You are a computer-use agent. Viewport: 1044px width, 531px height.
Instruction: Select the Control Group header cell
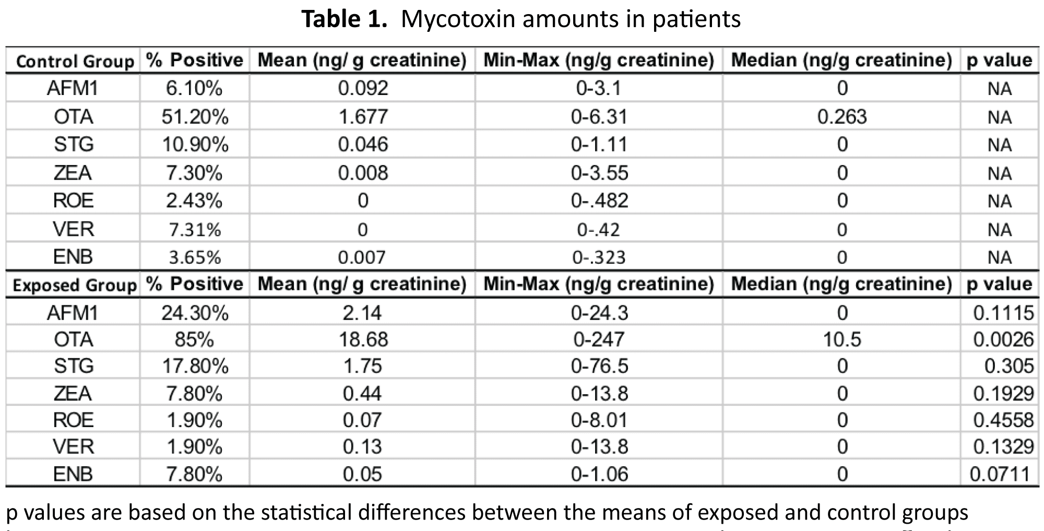point(75,62)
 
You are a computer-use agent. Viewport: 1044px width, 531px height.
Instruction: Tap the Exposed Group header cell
point(74,285)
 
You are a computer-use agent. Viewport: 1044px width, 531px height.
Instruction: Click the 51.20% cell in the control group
point(195,117)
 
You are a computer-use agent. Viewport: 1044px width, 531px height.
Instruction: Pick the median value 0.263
point(841,117)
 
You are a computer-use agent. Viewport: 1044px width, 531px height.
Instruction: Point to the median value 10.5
point(841,340)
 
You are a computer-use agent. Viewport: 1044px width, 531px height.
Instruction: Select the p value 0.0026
point(1003,340)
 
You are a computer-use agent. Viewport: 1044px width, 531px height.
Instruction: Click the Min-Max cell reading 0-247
point(599,340)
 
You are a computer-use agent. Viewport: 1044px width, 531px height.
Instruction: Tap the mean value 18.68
point(363,340)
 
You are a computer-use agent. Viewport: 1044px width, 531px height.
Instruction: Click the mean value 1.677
point(363,117)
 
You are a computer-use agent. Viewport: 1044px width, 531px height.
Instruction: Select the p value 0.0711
point(1000,474)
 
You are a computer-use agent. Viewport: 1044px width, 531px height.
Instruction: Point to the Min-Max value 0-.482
point(599,201)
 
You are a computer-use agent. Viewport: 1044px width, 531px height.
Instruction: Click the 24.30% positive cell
point(195,313)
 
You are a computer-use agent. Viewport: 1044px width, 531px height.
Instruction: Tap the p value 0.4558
point(1003,420)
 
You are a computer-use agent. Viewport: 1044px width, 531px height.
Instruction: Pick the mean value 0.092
point(363,88)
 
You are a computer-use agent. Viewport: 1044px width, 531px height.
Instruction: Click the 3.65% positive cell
point(194,257)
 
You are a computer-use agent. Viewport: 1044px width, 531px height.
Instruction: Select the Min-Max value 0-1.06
point(599,474)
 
